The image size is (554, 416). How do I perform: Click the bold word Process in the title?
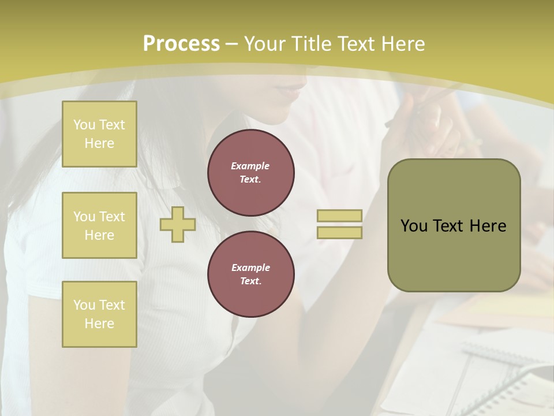(x=181, y=44)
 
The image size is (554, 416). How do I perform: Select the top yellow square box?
(x=99, y=134)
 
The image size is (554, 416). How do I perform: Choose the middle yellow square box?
(x=99, y=225)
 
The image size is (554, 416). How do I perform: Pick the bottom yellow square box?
(x=99, y=314)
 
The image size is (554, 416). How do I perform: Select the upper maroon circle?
(x=251, y=173)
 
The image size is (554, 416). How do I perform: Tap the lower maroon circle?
(x=251, y=274)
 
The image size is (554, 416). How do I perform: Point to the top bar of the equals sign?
(x=339, y=216)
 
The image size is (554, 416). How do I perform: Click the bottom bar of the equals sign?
(x=339, y=233)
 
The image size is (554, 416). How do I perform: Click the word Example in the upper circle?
(x=250, y=166)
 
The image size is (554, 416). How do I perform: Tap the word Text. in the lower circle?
(x=250, y=281)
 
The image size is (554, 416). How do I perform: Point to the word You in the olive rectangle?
(x=414, y=226)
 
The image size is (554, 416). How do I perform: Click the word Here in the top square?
(x=99, y=143)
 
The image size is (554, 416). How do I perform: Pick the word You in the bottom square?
(x=84, y=305)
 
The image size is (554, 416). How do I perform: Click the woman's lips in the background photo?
(x=291, y=88)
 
